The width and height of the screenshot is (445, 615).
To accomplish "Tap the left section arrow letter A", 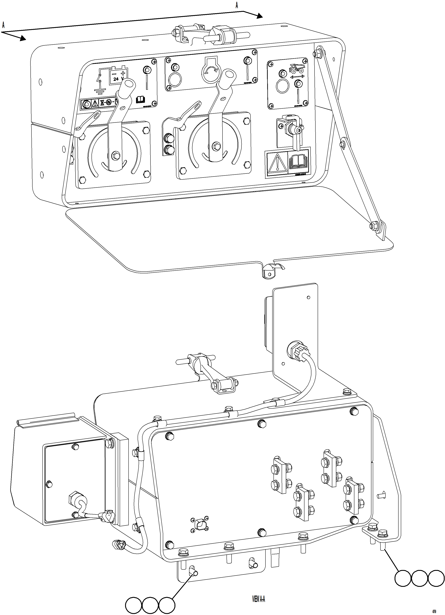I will pyautogui.click(x=3, y=25).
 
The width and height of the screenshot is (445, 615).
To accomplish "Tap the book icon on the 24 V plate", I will pyautogui.click(x=141, y=99).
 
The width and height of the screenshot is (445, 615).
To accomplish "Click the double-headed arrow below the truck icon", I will pyautogui.click(x=297, y=77).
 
